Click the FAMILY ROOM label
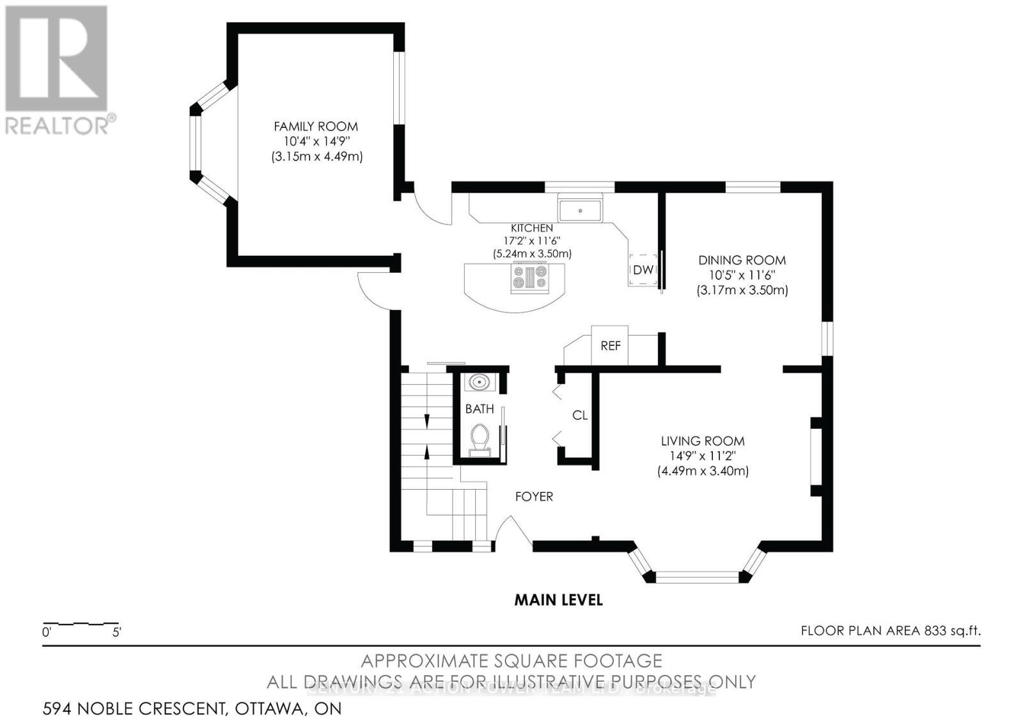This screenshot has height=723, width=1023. (316, 127)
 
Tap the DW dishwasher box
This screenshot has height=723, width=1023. (643, 270)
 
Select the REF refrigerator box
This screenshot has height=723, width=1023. (611, 346)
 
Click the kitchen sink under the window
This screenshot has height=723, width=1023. (580, 210)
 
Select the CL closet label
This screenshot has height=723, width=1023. (580, 416)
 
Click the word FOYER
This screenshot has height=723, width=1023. (534, 497)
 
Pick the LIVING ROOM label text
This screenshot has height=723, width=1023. (703, 441)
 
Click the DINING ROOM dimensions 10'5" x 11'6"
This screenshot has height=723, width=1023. (742, 275)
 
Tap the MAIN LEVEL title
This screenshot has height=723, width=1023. (559, 600)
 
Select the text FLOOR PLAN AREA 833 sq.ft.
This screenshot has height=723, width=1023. (891, 631)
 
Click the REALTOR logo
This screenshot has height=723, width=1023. (58, 70)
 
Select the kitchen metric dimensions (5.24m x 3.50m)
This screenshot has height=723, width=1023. (532, 254)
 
